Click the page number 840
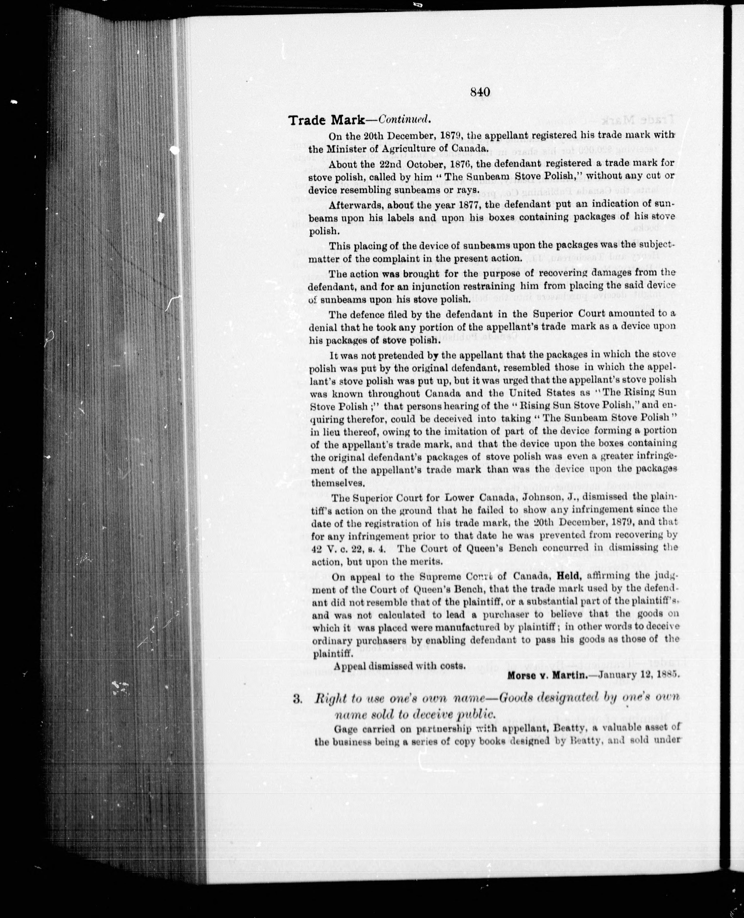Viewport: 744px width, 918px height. (x=480, y=92)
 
